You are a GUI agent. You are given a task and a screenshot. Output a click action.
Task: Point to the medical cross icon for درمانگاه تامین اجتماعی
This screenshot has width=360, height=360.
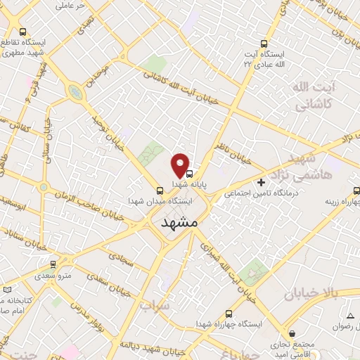(x=262, y=182)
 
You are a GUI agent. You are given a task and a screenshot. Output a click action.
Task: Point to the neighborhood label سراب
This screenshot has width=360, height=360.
(x=151, y=306)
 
